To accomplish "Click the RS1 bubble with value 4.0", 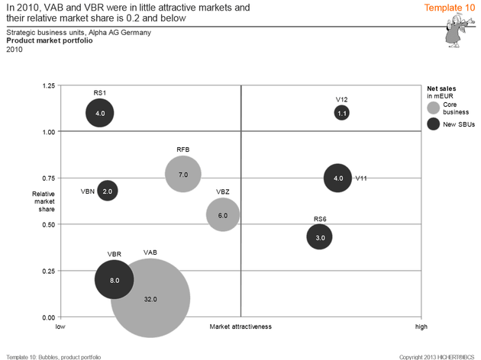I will point(100,113).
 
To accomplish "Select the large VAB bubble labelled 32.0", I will point(150,298).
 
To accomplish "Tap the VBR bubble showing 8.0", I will point(114,280).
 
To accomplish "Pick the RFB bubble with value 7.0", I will point(182,174).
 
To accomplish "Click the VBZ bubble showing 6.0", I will point(223,215).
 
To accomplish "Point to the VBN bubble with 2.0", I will point(108,191).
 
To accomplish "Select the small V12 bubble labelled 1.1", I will point(342,113).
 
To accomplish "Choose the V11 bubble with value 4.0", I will point(338,178).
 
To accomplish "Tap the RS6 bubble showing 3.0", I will point(320,237).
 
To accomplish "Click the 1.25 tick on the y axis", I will point(48,85).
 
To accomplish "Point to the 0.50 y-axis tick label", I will point(48,224).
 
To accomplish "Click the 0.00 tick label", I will point(48,317).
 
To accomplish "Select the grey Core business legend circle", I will point(433,108).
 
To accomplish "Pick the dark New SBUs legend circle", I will point(433,124).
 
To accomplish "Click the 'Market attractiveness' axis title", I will point(240,326).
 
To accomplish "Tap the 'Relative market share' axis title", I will point(43,201).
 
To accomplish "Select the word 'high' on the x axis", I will point(421,326).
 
